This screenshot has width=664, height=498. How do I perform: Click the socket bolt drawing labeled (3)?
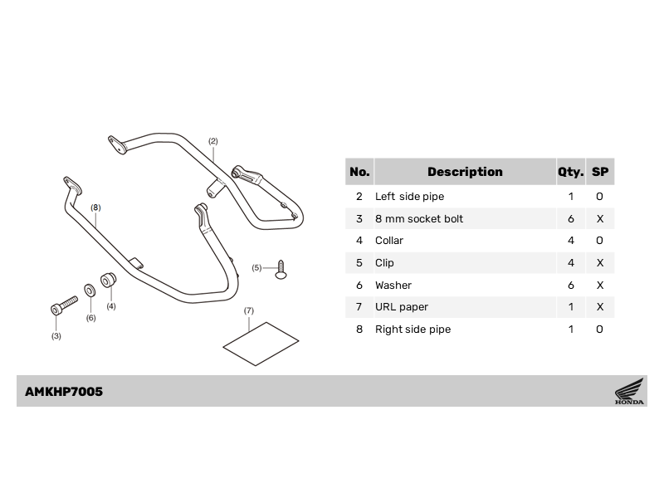coord(64,305)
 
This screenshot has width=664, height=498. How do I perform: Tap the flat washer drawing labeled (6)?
coord(90,290)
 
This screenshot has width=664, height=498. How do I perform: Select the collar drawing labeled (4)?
coord(108,280)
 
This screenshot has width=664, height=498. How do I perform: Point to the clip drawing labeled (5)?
coord(281,270)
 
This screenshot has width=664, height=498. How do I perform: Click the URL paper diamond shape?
coord(261,344)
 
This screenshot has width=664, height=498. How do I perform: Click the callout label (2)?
coord(213,141)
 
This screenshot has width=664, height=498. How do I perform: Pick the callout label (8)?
coord(95,207)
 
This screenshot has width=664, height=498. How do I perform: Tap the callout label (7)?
coord(248,310)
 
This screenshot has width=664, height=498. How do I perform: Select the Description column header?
coord(465,172)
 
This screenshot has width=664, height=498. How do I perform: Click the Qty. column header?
coord(570,172)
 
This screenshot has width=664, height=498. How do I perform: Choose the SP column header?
coord(600,172)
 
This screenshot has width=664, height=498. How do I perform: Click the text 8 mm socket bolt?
coord(419,219)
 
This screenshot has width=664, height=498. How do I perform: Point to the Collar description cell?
coord(389,241)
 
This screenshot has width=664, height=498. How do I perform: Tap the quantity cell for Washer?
coord(571,285)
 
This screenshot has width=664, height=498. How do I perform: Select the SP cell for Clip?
coord(599,263)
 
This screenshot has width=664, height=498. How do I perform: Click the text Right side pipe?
coord(413,330)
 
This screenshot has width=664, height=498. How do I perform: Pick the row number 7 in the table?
coord(359,306)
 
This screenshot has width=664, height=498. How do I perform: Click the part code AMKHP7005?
coord(64,392)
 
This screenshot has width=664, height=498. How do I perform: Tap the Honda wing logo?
coord(629,391)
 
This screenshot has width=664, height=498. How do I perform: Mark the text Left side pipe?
coord(409,197)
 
